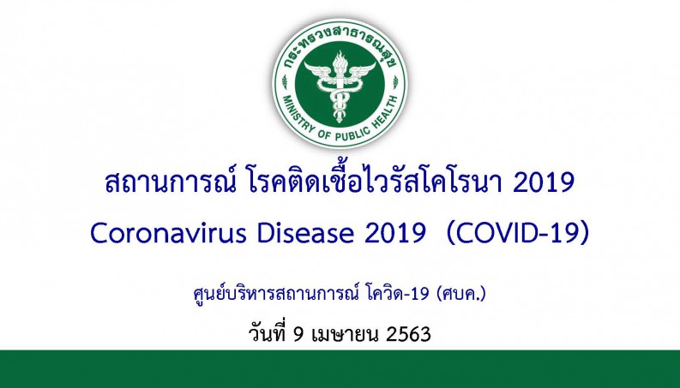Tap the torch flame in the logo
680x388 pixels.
(x=340, y=61)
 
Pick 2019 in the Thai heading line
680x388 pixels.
(x=544, y=182)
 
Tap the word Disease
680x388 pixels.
(x=305, y=233)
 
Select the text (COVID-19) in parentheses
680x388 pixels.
(x=518, y=234)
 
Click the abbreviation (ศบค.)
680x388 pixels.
(x=461, y=294)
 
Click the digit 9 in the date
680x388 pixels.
(x=298, y=335)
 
